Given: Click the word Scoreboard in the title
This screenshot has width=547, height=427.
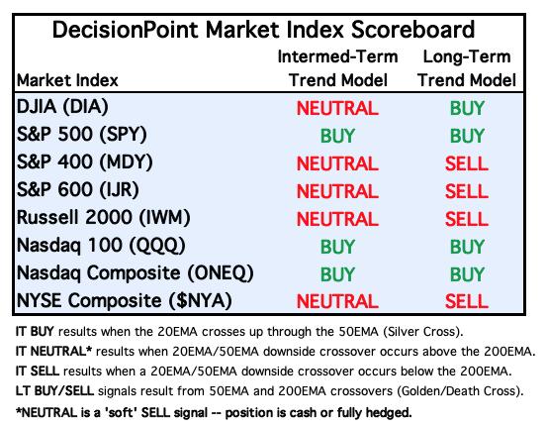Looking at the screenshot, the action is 412,30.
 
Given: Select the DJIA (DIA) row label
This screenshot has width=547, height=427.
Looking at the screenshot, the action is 62,106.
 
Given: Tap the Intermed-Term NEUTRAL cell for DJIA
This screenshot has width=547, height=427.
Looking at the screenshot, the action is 337,108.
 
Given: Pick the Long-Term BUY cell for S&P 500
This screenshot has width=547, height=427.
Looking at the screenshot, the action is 467,136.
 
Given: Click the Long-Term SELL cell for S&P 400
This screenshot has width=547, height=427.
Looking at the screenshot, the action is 467,163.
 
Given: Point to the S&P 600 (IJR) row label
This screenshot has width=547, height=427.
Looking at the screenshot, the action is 78,190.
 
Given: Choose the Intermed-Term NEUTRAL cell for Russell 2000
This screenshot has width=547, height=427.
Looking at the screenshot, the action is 337,219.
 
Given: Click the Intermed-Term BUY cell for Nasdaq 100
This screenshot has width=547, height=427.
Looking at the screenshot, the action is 337,247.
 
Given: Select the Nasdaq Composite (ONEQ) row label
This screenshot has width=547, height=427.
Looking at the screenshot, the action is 135,272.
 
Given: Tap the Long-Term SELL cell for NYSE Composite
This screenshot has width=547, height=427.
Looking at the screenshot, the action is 467,301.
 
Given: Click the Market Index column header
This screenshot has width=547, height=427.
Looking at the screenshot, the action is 67,80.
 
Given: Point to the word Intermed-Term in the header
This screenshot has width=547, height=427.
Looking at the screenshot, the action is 337,56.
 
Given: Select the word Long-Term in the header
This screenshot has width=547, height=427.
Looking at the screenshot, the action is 467,56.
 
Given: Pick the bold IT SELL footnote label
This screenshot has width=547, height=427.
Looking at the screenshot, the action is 38,371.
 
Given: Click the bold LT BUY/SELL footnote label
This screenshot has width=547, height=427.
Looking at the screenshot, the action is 54,390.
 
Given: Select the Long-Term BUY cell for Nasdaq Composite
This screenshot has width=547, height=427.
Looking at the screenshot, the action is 467,274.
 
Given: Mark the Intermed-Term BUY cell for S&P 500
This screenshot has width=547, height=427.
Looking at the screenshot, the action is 337,136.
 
